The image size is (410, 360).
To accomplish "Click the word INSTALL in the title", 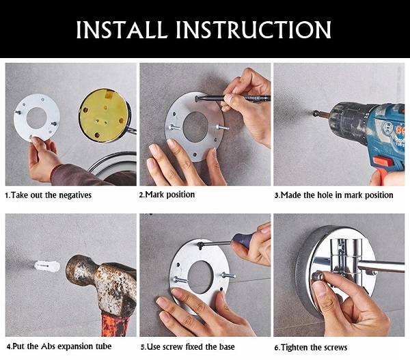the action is click(122, 29).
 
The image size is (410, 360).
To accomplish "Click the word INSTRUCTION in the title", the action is click(254, 29).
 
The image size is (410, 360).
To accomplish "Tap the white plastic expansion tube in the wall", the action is click(47, 266).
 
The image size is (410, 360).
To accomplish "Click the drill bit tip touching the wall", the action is click(314, 113).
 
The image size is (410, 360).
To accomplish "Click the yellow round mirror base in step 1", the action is click(104, 115).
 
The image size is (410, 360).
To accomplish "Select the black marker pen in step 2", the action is click(233, 98).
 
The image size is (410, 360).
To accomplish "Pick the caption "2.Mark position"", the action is click(167, 195).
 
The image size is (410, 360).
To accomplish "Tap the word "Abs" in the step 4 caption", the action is click(48, 346).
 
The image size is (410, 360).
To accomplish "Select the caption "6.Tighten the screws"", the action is click(311, 348).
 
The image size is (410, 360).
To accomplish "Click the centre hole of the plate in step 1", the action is click(36, 118).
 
